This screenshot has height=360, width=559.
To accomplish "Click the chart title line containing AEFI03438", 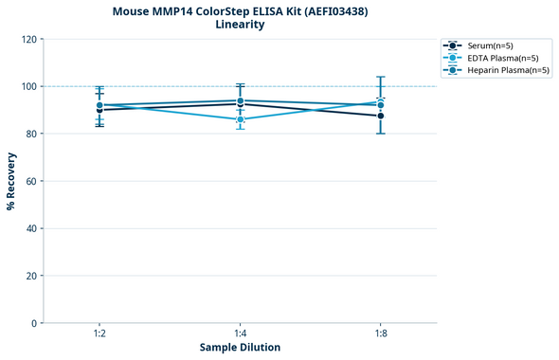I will pos(240,11).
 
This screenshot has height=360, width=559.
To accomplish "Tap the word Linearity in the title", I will pos(240,25).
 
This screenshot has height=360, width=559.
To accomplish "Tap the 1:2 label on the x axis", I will pos(99,334).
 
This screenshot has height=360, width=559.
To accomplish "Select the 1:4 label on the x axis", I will pos(240,334).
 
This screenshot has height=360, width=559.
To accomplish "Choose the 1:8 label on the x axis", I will pos(380,334).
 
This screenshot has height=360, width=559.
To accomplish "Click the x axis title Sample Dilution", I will pos(240,348).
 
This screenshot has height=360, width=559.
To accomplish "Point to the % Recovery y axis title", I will pos(11,181).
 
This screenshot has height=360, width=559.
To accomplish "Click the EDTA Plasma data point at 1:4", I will pos(240,119).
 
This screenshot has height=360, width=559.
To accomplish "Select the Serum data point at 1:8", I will pos(380,116).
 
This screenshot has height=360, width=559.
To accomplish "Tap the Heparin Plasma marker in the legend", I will pos(454,70).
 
